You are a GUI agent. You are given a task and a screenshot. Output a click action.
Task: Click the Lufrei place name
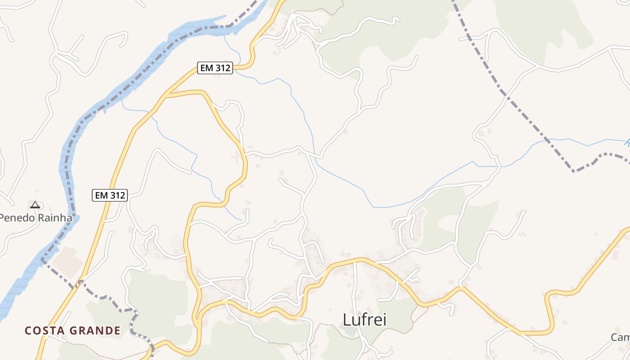pyautogui.click(x=364, y=319)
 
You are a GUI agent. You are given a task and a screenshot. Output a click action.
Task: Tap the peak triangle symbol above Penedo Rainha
pyautogui.click(x=35, y=205)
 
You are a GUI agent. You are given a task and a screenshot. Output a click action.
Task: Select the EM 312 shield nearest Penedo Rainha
pyautogui.click(x=110, y=195)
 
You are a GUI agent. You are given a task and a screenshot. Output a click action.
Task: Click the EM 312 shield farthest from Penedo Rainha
pyautogui.click(x=215, y=68)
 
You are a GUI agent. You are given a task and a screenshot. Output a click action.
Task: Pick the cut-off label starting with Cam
pyautogui.click(x=621, y=337)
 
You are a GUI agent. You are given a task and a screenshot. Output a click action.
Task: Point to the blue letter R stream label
pyautogui.click(x=627, y=143)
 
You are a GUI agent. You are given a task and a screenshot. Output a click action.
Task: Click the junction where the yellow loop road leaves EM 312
pyautogui.click(x=166, y=95)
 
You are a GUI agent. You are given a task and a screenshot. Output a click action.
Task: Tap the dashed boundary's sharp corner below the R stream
pyautogui.click(x=574, y=171)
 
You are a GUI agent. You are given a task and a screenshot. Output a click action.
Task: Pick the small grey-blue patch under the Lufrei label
pyautogui.click(x=348, y=332)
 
